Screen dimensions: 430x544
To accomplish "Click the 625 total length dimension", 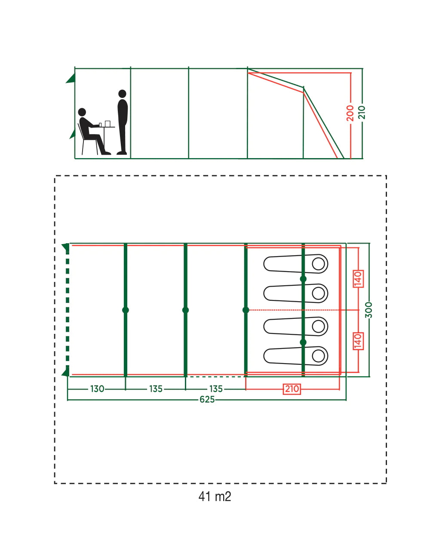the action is (207, 399).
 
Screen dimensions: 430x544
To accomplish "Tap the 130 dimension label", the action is (97, 389).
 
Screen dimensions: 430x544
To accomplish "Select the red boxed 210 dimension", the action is (292, 389).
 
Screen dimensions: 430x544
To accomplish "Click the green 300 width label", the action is (369, 310).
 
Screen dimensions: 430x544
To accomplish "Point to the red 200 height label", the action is (350, 113).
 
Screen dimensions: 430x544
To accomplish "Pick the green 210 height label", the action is (362, 112).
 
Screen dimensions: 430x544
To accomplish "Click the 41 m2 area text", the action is (215, 496).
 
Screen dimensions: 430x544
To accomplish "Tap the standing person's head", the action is (122, 94).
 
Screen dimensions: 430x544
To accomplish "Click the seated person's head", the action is (82, 112).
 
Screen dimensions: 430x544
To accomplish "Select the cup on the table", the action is (100, 125).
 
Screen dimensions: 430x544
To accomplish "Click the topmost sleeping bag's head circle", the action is (318, 264).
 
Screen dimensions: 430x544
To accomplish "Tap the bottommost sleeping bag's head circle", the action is (318, 356).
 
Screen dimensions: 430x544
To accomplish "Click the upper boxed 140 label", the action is (358, 279).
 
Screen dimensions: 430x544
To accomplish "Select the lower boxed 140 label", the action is (358, 341).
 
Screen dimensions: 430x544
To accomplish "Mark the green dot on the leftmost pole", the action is (126, 310).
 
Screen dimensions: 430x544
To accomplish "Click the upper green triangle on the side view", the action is (71, 78).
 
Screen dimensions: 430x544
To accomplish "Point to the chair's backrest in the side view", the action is (80, 131).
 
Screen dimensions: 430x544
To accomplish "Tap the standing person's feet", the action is (122, 153).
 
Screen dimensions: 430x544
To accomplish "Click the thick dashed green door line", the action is (67, 310).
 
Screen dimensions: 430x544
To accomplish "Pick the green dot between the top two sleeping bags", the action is (303, 279).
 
